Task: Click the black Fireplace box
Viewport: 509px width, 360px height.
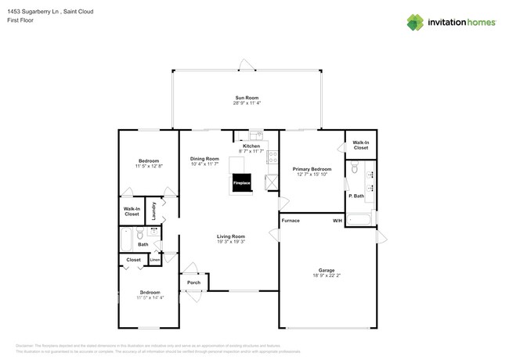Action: coord(240,182)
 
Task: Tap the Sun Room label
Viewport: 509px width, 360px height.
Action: coord(246,98)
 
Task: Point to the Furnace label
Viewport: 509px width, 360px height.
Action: coord(291,221)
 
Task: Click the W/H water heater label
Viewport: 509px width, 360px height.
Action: coord(337,221)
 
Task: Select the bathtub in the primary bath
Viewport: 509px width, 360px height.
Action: coord(361,218)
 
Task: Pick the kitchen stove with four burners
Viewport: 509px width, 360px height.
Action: coord(273,156)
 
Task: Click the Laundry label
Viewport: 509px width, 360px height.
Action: coord(153,211)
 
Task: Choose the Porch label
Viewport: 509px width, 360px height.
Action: coord(193,283)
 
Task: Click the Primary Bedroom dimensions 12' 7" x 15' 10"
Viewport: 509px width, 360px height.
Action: coord(312,175)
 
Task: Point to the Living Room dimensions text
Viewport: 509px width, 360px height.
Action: coord(231,242)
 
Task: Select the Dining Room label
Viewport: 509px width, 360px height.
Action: coord(204,159)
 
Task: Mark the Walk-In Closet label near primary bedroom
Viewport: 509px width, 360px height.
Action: coord(360,145)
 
